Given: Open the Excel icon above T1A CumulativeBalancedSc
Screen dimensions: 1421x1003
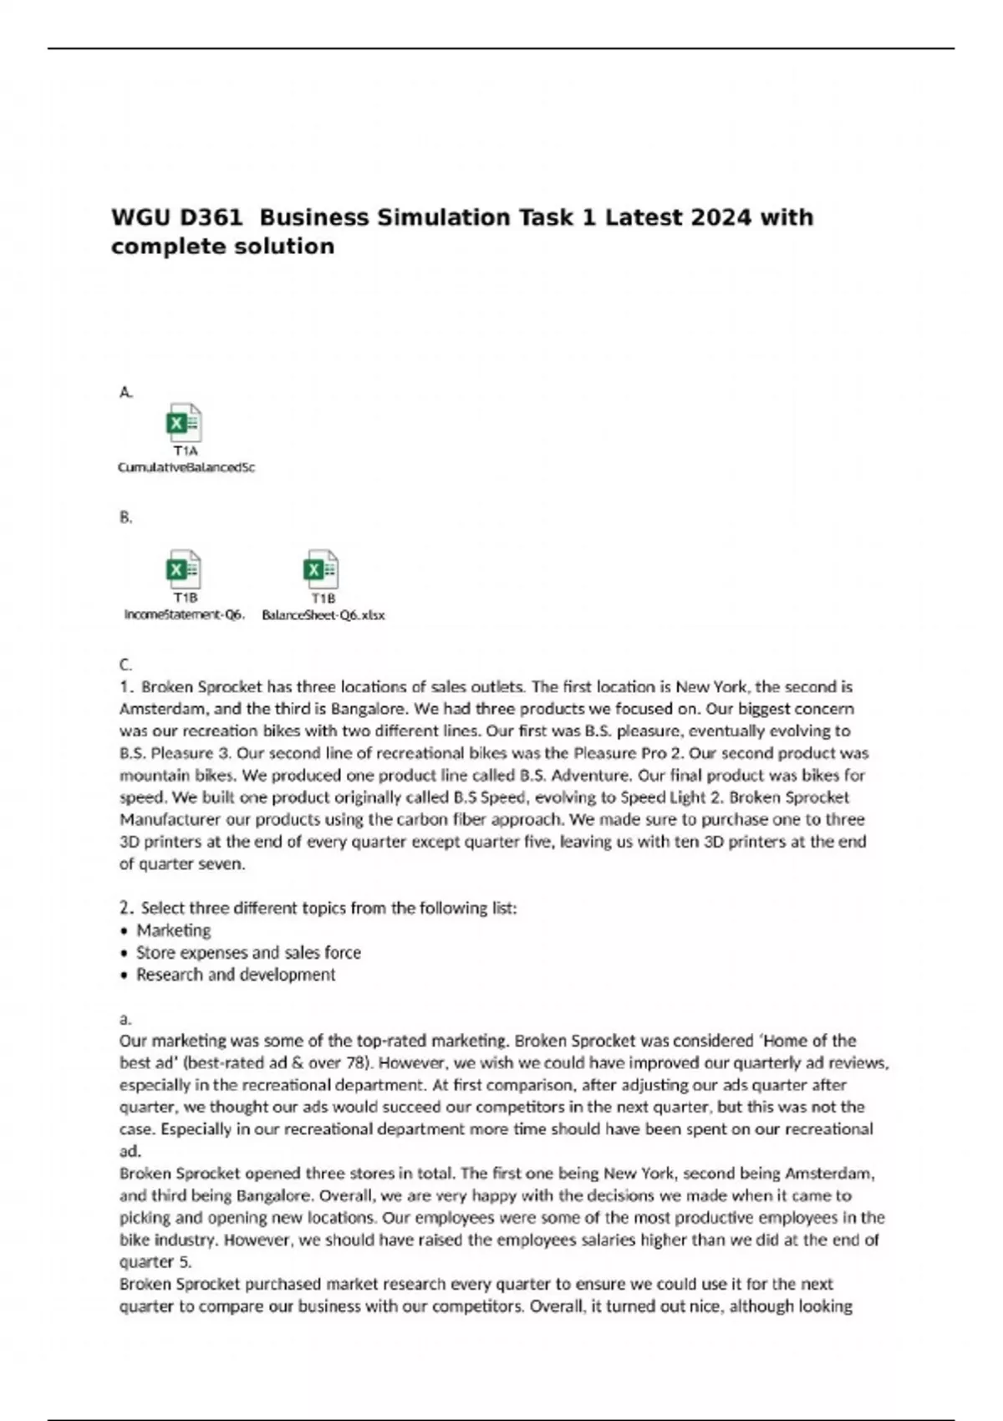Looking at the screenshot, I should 184,422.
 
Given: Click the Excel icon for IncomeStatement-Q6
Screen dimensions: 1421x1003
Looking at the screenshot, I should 184,569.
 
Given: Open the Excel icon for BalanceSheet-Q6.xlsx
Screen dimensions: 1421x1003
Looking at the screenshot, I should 322,569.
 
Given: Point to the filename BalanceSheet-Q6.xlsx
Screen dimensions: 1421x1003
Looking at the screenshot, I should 323,615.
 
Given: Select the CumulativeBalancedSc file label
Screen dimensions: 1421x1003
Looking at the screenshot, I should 186,468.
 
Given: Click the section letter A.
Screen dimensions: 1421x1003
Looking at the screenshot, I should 125,392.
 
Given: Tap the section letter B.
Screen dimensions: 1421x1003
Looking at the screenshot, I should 125,518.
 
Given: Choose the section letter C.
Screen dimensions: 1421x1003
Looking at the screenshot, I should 125,665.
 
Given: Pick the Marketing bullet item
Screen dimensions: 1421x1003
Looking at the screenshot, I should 173,930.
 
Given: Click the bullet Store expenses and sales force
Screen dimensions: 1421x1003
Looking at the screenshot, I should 248,953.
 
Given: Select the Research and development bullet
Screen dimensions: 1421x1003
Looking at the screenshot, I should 236,975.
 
